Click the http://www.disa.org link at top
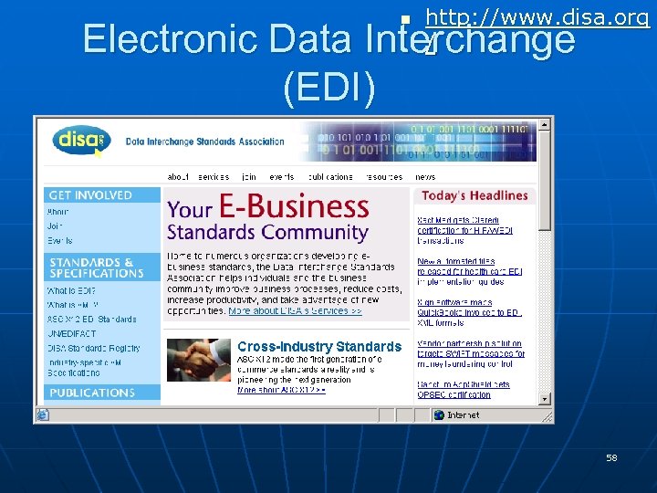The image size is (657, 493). [x=537, y=17]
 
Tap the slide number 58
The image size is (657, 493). [x=611, y=457]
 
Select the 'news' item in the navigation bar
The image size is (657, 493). [x=425, y=177]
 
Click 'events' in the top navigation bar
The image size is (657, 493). [x=281, y=177]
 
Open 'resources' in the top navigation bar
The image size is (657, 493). [x=383, y=177]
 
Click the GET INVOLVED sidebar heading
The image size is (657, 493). [x=90, y=195]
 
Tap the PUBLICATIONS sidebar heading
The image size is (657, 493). [x=91, y=393]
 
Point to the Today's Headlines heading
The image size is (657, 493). [x=474, y=195]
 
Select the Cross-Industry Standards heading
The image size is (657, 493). [x=318, y=347]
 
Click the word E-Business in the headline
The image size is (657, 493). [x=295, y=207]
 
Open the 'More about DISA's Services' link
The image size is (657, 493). [x=295, y=311]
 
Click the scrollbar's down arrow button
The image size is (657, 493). [x=545, y=399]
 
